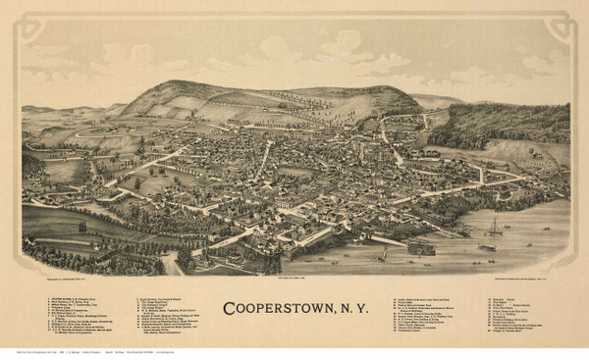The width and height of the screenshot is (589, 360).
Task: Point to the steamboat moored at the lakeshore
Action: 419,246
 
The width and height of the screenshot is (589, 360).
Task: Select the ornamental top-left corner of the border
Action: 22,18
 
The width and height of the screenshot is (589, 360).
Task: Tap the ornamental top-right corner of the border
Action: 568,18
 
